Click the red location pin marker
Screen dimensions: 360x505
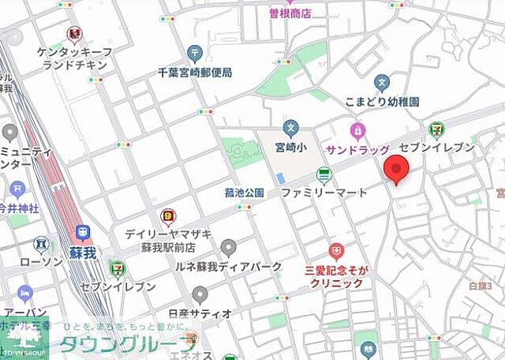click(396, 170)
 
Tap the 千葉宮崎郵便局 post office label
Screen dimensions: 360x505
click(195, 72)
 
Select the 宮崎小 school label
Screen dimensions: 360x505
click(291, 146)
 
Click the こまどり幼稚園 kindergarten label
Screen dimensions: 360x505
click(382, 102)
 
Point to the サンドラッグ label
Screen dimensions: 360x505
click(358, 149)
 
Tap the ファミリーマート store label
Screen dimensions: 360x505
click(324, 192)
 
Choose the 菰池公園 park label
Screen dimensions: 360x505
click(244, 193)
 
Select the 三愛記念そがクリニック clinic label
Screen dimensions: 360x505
click(336, 276)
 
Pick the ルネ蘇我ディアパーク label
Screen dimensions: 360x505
click(228, 267)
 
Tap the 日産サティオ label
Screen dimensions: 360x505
click(200, 313)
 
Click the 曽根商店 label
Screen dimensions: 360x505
click(290, 13)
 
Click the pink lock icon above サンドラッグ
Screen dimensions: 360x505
click(357, 129)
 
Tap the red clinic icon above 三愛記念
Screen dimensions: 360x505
click(337, 252)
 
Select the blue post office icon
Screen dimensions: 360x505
click(195, 53)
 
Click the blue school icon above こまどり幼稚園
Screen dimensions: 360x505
click(382, 82)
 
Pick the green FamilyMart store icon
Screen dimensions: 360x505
click(324, 174)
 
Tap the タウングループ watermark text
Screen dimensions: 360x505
click(129, 344)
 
